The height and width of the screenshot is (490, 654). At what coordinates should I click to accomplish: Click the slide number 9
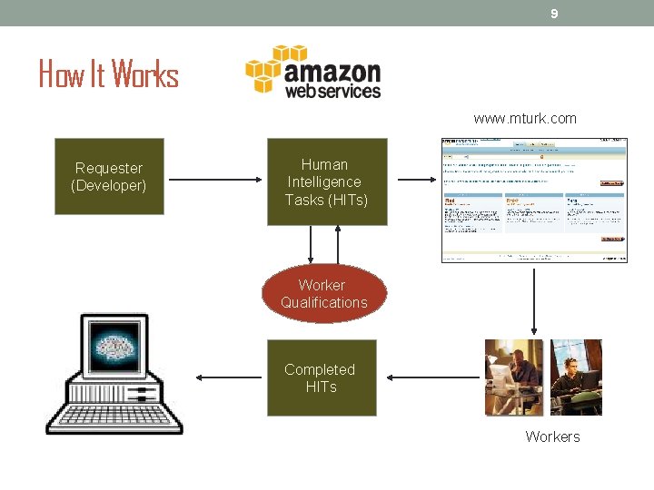pyautogui.click(x=554, y=14)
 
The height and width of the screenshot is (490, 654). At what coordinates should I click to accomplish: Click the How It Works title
pyautogui.click(x=109, y=73)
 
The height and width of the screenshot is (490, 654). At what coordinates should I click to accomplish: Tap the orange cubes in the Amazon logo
pyautogui.click(x=263, y=68)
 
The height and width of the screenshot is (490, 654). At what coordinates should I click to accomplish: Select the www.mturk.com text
pyautogui.click(x=524, y=119)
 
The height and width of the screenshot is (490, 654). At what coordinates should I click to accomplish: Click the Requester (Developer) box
pyautogui.click(x=109, y=176)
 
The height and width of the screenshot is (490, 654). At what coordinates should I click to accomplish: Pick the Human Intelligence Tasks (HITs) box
pyautogui.click(x=326, y=181)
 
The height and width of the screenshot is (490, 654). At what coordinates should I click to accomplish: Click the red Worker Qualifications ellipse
pyautogui.click(x=324, y=294)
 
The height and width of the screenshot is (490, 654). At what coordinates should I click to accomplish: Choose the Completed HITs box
pyautogui.click(x=321, y=377)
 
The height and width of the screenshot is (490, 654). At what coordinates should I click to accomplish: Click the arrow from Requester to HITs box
pyautogui.click(x=214, y=179)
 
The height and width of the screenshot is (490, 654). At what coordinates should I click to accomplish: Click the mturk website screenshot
pyautogui.click(x=534, y=200)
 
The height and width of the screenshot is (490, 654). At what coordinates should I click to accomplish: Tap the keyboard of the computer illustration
pyautogui.click(x=114, y=416)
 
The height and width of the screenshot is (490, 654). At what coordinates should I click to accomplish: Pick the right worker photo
pyautogui.click(x=576, y=377)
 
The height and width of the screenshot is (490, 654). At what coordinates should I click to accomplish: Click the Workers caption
pyautogui.click(x=552, y=437)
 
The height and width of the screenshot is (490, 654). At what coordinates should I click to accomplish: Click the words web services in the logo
pyautogui.click(x=332, y=92)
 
